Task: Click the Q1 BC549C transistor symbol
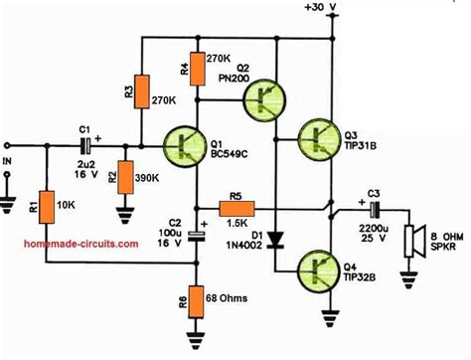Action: pyautogui.click(x=186, y=144)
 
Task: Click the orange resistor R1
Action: pyautogui.click(x=43, y=205)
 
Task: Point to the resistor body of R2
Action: pyautogui.click(x=125, y=180)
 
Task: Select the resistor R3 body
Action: pyautogui.click(x=141, y=91)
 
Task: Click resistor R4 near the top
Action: pyautogui.click(x=198, y=68)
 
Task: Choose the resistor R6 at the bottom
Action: pyautogui.click(x=198, y=297)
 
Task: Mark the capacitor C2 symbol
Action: pyautogui.click(x=198, y=237)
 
